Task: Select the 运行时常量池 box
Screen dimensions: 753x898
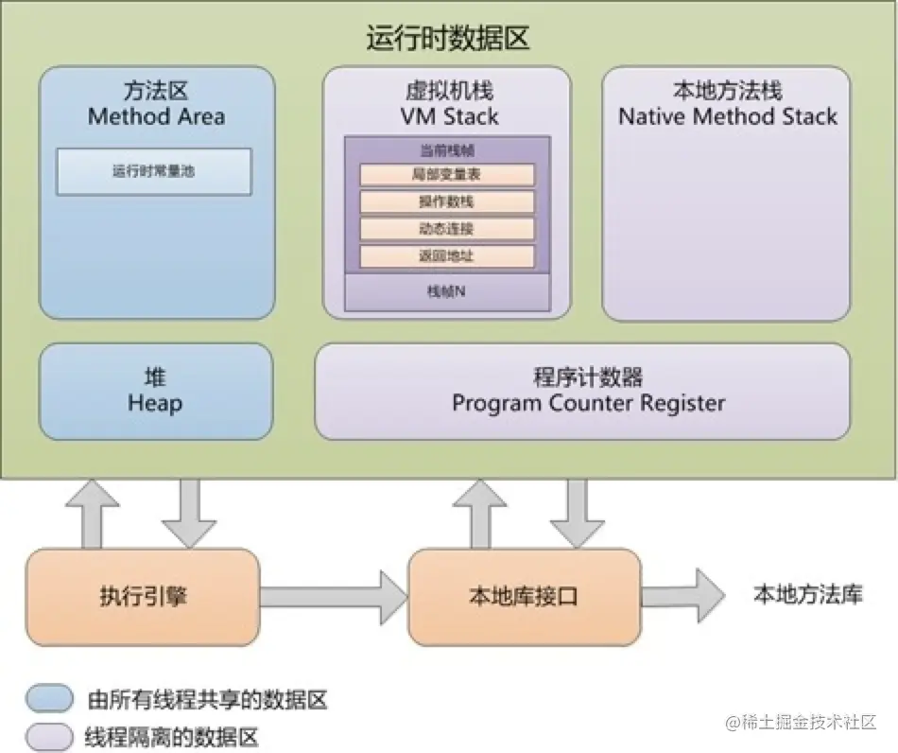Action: click(x=154, y=172)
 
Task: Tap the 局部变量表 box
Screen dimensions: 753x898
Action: click(x=447, y=175)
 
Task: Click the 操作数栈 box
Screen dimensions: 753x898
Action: click(x=447, y=202)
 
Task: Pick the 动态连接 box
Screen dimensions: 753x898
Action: click(x=447, y=229)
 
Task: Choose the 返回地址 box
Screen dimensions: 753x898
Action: click(x=447, y=256)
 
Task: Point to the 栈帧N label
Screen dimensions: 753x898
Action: click(x=447, y=291)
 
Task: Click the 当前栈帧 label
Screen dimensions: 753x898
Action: click(x=447, y=150)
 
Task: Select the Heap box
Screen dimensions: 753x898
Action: click(x=156, y=392)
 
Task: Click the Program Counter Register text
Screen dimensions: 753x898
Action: click(x=588, y=403)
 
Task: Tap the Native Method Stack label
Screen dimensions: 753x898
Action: click(x=727, y=117)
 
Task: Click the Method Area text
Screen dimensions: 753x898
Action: click(x=156, y=117)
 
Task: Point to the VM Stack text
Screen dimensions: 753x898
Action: click(x=447, y=117)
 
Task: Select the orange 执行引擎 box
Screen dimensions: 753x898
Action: click(x=142, y=597)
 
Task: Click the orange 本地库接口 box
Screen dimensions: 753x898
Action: click(x=524, y=597)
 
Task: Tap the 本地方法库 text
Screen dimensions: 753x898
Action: click(x=807, y=594)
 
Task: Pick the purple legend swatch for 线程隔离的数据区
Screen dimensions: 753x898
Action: click(x=50, y=735)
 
